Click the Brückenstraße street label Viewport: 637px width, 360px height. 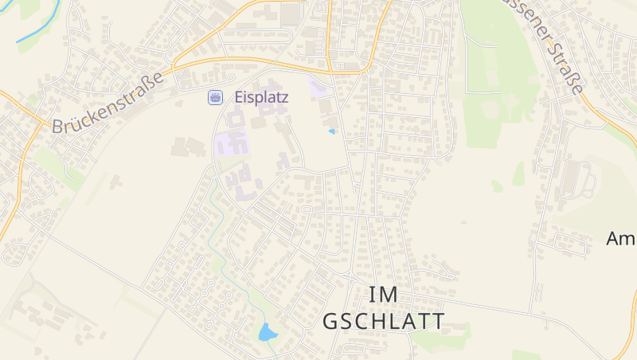click(x=107, y=103)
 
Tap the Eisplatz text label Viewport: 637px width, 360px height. click(x=261, y=97)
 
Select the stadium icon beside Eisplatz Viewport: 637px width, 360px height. click(x=216, y=97)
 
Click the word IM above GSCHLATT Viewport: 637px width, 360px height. click(x=384, y=294)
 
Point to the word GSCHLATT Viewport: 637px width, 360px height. click(x=384, y=321)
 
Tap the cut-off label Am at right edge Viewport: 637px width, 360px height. click(x=620, y=238)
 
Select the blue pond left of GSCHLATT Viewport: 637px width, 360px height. click(x=267, y=332)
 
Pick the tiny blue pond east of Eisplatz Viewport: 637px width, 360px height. click(x=332, y=131)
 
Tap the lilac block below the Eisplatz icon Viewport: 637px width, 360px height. click(x=232, y=145)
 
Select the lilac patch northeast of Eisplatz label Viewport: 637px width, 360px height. click(x=320, y=87)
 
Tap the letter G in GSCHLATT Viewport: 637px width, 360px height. click(x=331, y=321)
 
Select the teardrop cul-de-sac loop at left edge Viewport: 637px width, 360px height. click(x=14, y=253)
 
